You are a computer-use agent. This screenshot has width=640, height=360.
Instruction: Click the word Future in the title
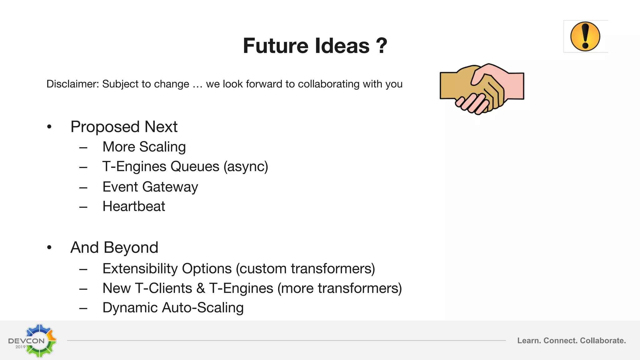275,46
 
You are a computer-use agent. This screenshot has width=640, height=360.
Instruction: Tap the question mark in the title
381,46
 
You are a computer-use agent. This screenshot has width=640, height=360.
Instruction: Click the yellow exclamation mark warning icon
585,37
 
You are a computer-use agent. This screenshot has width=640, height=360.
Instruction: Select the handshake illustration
482,88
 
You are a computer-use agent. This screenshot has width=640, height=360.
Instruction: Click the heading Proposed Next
124,127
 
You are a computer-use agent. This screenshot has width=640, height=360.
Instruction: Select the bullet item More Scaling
144,147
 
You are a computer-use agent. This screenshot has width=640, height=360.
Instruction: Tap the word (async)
246,167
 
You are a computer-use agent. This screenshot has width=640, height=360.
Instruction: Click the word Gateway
170,187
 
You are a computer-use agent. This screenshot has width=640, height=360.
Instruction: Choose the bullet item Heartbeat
134,207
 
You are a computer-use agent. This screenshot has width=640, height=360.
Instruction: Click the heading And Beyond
114,247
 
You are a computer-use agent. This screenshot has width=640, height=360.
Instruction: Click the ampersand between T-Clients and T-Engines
201,288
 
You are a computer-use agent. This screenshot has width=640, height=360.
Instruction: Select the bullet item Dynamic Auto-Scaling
173,308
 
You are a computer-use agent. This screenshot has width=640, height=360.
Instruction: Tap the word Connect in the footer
560,341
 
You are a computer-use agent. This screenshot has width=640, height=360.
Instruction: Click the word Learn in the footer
529,341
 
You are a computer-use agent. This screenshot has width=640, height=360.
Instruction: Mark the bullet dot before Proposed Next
49,127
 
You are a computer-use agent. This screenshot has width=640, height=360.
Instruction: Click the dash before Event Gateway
83,188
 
